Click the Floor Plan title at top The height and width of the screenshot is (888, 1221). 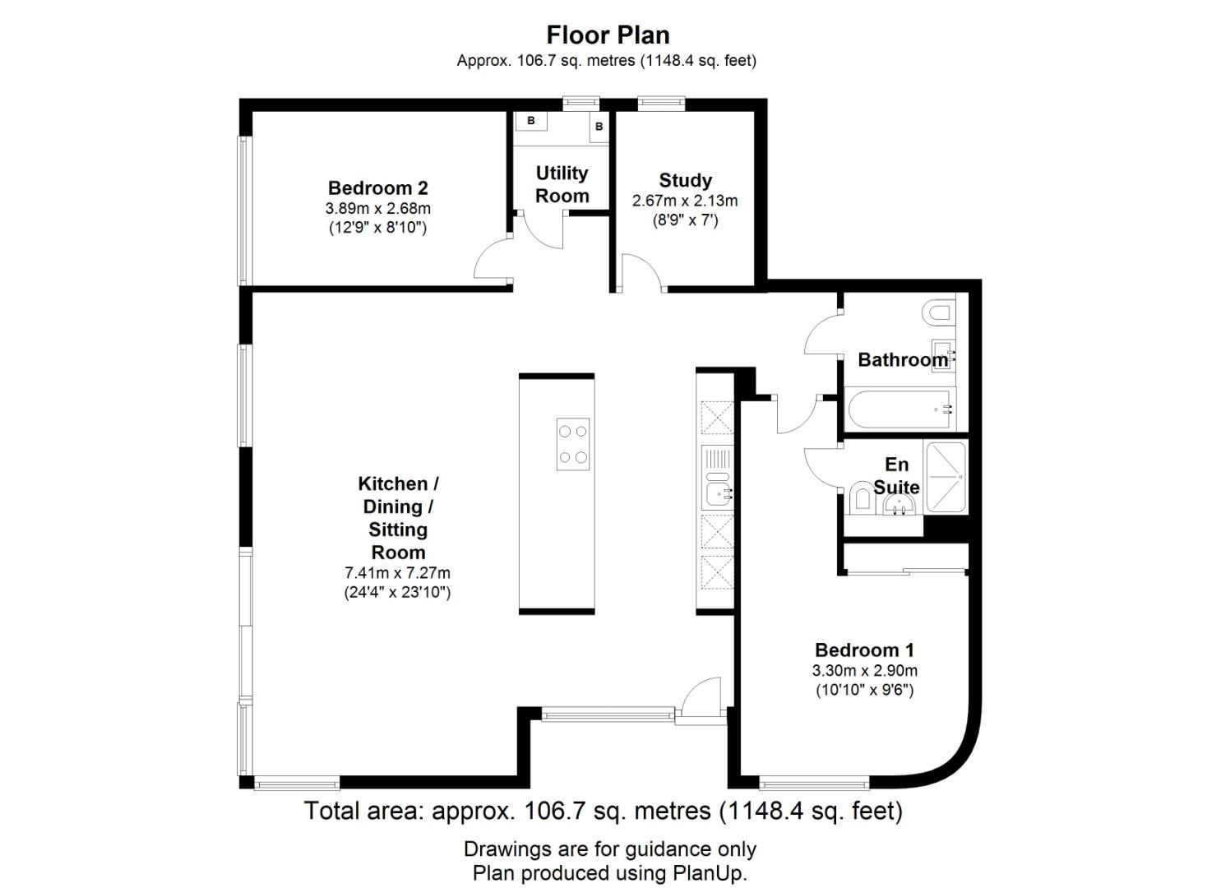(608, 35)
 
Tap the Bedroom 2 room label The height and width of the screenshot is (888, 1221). (377, 187)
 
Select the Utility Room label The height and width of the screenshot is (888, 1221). (562, 184)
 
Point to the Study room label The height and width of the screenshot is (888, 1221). (685, 180)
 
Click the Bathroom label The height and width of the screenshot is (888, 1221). (902, 359)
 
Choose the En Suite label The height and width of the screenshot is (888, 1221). (896, 476)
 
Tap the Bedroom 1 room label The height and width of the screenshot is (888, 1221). (864, 650)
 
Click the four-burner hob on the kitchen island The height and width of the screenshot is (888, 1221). (573, 444)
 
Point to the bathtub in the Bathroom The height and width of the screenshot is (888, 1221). (901, 409)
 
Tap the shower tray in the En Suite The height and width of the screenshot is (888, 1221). (946, 477)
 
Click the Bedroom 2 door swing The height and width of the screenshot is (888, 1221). (493, 260)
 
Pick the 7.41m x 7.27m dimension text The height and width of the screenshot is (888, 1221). (397, 572)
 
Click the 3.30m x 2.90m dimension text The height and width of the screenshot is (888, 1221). (864, 670)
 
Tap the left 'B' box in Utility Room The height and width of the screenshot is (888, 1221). (531, 121)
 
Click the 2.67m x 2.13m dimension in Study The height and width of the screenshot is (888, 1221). (685, 201)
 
